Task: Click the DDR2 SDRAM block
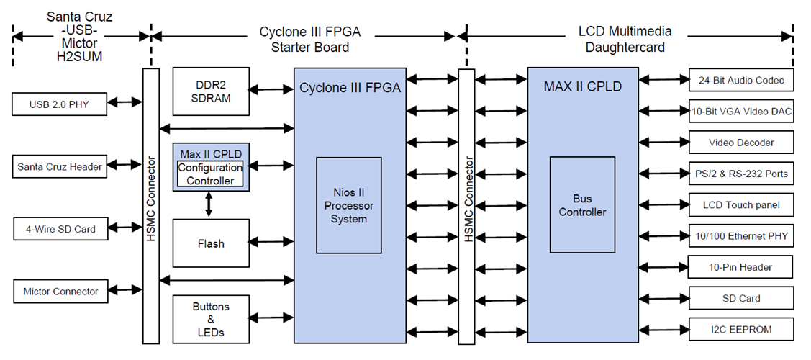(212, 91)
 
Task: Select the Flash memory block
(211, 243)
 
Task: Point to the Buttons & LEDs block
(211, 319)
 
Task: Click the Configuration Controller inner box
(210, 174)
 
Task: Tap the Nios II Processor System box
(349, 205)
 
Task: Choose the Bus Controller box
(582, 205)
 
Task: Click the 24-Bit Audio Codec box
(741, 81)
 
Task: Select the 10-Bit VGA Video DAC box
(741, 112)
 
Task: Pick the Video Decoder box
(741, 143)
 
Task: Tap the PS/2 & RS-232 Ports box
(741, 174)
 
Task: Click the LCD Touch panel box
(741, 205)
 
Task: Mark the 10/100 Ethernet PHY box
(741, 236)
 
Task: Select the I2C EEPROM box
(741, 329)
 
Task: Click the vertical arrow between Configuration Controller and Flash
(209, 204)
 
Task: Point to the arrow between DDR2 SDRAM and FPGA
(271, 90)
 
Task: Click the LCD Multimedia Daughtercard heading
(625, 39)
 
